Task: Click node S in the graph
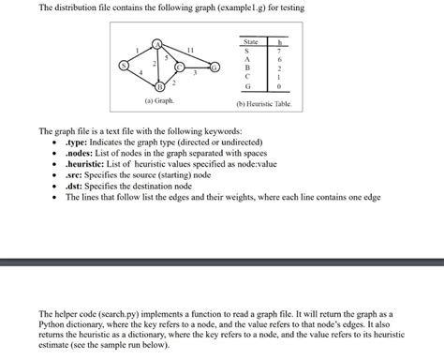coord(122,66)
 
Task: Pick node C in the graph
coord(177,66)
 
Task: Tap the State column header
coord(250,43)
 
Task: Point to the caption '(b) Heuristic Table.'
coord(265,103)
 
